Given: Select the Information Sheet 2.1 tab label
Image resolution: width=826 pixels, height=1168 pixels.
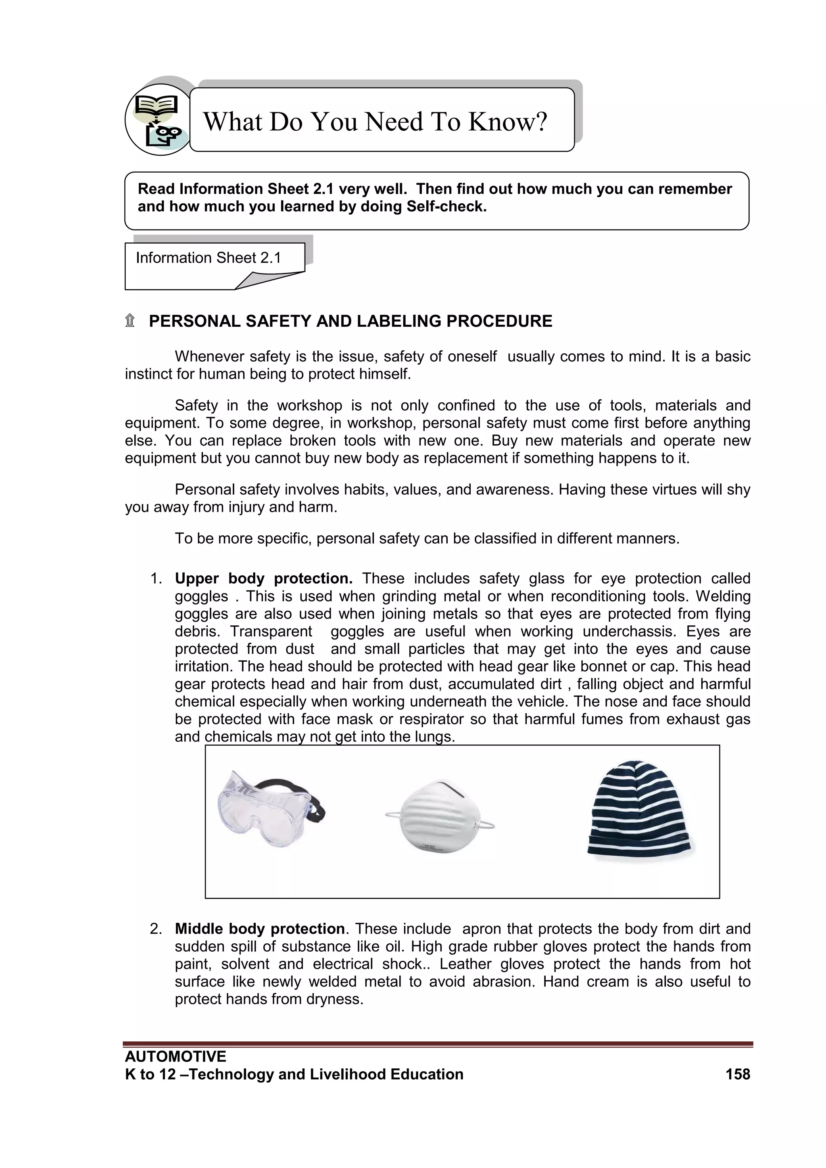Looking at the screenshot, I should coord(208,258).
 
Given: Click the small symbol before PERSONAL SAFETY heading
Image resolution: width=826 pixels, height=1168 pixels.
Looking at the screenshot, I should coord(130,321).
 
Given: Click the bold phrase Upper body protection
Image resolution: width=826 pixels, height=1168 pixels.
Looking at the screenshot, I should coord(263,579).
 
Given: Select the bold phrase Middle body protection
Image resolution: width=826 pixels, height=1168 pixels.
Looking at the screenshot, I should coord(259,928).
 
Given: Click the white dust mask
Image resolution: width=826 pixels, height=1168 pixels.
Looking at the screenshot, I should coord(440,817).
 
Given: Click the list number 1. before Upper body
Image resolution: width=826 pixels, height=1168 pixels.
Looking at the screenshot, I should coord(156,579).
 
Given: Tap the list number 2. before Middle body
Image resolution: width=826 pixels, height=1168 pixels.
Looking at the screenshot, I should coord(156,928).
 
